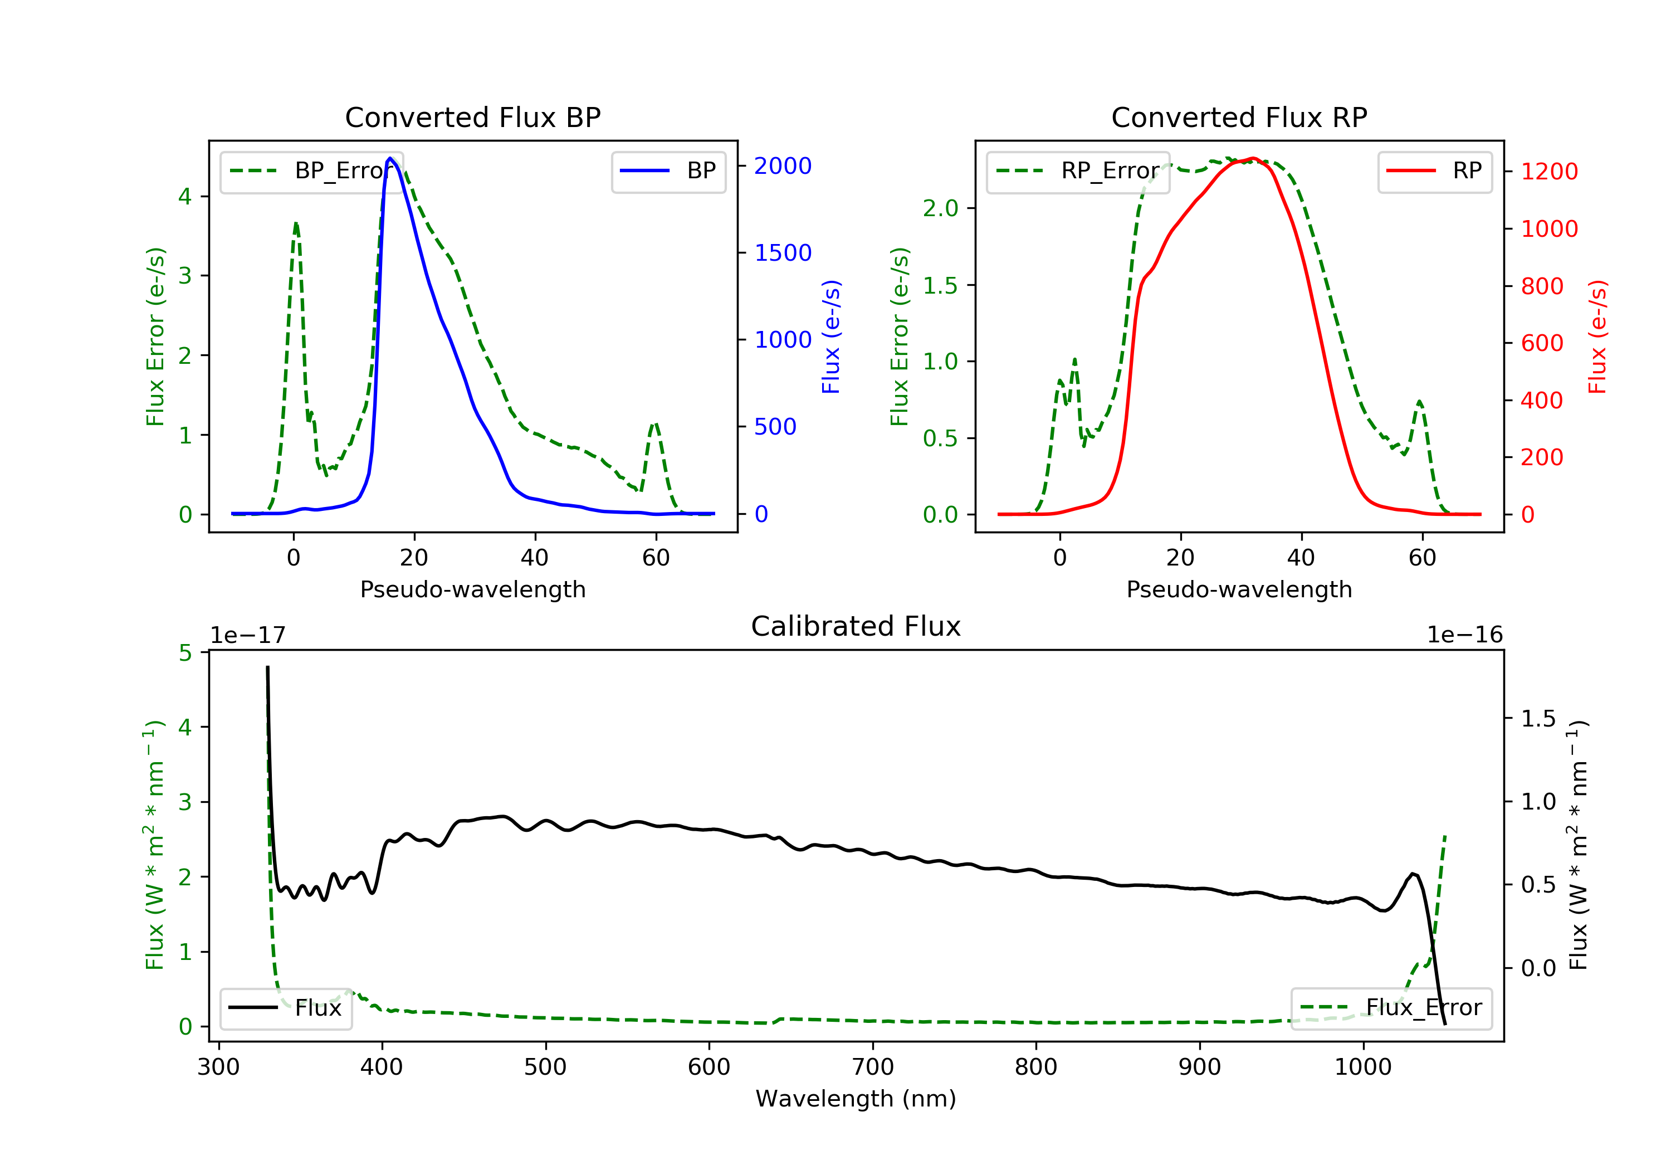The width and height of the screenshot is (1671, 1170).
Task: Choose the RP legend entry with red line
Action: [1434, 171]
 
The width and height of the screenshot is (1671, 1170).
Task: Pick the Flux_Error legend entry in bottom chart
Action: [1391, 1008]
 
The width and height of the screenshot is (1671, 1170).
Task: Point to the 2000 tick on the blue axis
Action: [783, 166]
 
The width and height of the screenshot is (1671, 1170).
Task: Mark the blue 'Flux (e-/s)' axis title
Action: [830, 337]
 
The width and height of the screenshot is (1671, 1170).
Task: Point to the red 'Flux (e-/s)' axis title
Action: [1597, 337]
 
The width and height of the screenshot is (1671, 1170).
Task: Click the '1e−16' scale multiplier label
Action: [1464, 635]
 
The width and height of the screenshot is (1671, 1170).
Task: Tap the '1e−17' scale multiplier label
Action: [248, 635]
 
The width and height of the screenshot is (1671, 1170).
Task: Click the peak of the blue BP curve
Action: [390, 159]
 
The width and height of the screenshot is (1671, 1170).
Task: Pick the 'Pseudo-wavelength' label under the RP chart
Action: [1239, 589]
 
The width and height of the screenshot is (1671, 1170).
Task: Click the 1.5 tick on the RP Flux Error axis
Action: [940, 285]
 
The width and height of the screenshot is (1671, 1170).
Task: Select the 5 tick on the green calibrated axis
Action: [185, 653]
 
